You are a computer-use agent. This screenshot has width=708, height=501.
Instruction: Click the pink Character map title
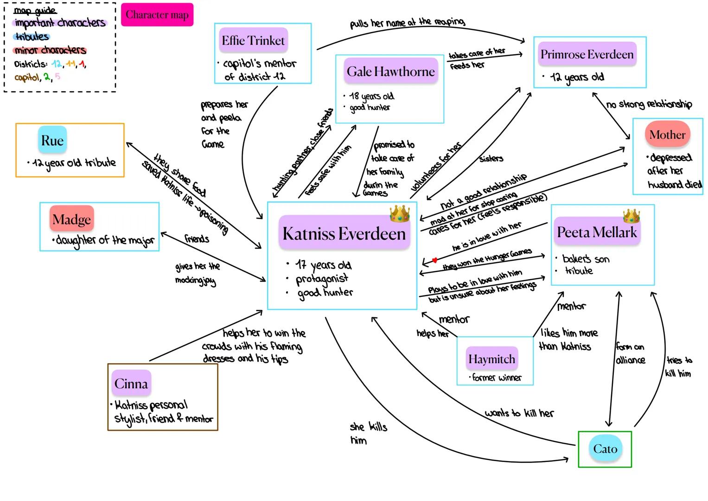click(157, 15)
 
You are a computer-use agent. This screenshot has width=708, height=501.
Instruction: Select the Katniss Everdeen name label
click(344, 233)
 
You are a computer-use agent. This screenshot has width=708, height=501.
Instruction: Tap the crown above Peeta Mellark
click(631, 216)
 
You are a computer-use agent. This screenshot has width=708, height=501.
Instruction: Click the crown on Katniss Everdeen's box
click(400, 213)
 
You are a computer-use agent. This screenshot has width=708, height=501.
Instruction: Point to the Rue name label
click(52, 140)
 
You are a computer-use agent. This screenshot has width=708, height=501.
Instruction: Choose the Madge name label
click(71, 219)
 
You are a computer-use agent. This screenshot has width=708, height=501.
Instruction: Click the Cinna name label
click(131, 384)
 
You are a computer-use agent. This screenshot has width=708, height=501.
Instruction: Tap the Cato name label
click(605, 449)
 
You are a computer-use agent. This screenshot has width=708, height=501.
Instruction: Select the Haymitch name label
click(491, 359)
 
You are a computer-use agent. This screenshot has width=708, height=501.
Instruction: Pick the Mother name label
click(667, 135)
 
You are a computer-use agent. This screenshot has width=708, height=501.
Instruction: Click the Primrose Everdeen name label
click(587, 54)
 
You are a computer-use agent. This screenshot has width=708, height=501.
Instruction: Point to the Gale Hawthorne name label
click(390, 71)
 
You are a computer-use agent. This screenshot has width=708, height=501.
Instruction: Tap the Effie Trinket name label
click(253, 41)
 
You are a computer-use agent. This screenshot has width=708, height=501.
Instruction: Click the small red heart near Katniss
click(434, 260)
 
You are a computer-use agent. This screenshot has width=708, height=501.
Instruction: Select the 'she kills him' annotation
click(368, 433)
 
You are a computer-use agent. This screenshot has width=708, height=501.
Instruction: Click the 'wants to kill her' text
click(519, 413)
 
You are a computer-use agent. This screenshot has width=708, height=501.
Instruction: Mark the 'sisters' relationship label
click(491, 159)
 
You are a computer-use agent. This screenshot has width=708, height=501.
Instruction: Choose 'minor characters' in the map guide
click(50, 50)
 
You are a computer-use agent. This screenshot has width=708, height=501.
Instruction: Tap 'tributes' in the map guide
click(32, 36)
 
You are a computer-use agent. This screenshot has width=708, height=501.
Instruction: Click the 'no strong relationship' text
click(649, 104)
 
